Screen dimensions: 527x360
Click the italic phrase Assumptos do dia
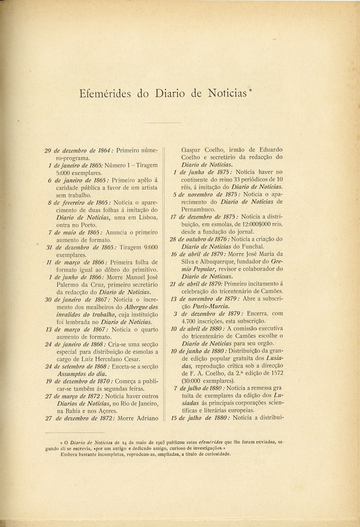tap(82, 373)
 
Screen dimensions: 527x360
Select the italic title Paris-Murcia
tap(210, 306)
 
